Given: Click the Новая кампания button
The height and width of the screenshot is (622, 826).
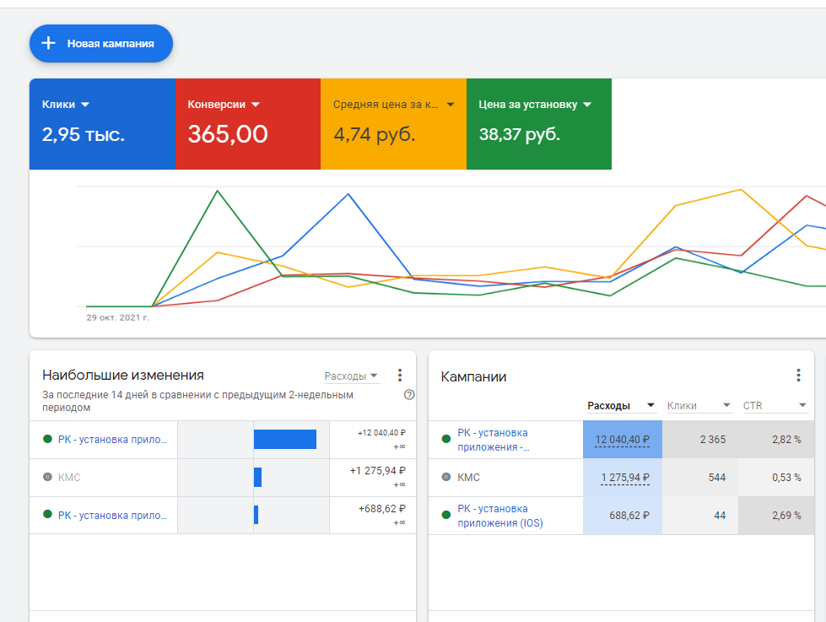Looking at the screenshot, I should tap(101, 43).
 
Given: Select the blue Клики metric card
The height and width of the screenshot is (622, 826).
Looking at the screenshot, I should tap(102, 123).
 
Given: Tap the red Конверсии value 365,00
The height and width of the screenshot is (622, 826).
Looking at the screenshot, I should tap(228, 134).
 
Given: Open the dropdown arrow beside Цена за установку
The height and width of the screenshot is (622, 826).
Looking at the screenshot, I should tap(587, 105).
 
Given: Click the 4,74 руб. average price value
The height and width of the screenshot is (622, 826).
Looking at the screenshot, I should tap(374, 134).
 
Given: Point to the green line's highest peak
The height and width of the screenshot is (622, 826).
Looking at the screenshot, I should tap(218, 191).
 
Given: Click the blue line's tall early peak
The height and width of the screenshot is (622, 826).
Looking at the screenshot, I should tap(348, 194).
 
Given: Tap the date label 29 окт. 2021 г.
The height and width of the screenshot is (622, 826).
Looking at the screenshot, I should tap(117, 318).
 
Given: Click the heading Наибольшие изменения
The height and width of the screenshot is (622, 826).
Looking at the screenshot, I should tap(123, 376).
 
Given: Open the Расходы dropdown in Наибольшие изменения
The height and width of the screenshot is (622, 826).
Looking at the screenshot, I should tap(352, 376).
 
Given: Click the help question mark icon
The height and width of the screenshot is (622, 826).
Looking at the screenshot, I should tap(409, 394).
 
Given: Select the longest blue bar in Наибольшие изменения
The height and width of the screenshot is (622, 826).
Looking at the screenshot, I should tap(285, 439).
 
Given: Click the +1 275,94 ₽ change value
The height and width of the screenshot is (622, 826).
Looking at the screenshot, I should tap(377, 471).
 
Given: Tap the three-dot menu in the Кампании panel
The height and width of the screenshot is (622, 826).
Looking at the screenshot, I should tap(798, 376).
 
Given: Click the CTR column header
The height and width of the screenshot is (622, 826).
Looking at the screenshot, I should tap(753, 406).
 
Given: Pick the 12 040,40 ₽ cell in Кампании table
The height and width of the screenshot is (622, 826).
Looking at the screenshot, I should tap(623, 440).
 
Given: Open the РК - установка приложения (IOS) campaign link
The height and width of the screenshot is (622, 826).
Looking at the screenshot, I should tap(500, 516).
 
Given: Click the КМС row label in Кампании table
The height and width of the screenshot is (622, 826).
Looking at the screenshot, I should tap(468, 478).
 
